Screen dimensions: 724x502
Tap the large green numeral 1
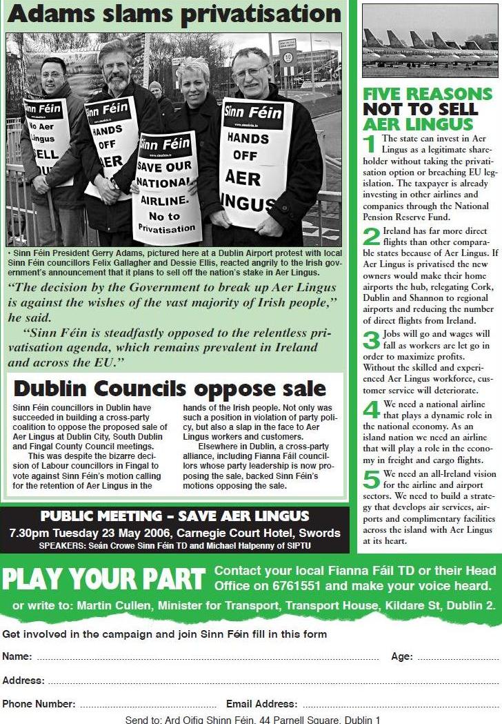point(370,143)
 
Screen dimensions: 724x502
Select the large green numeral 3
point(371,340)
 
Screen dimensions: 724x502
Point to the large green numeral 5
point(372,478)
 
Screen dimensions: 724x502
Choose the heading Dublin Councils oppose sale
point(170,389)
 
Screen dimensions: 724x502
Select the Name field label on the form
point(17,656)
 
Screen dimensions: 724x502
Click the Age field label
point(401,656)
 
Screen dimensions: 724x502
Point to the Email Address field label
point(261,704)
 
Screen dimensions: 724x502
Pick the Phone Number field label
point(39,704)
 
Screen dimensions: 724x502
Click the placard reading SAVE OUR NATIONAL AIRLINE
point(166,188)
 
